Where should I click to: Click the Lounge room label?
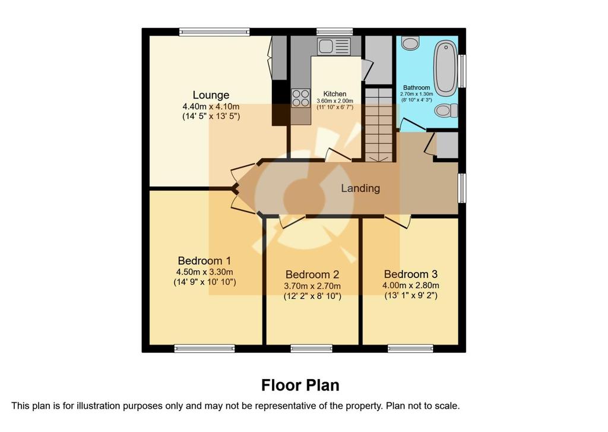[211, 95]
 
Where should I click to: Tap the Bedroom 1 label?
[204, 260]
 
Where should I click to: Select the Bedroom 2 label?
[312, 275]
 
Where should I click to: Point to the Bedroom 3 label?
[411, 275]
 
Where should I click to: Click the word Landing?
[360, 188]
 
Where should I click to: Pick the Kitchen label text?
[335, 94]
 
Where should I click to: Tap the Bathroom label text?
[416, 88]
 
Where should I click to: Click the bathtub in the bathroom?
[445, 68]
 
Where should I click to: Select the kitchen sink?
[334, 46]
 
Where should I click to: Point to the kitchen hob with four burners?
[301, 98]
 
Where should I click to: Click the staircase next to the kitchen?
[379, 125]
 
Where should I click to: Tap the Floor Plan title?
[300, 386]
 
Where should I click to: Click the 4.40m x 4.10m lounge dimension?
[211, 106]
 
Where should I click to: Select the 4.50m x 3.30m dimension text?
[205, 272]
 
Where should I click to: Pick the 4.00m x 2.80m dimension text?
[411, 286]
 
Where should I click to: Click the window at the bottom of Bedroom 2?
[311, 349]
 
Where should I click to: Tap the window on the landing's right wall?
[462, 188]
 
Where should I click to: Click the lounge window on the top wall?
[214, 32]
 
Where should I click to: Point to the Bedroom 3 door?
[398, 221]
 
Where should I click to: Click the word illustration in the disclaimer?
[99, 406]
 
